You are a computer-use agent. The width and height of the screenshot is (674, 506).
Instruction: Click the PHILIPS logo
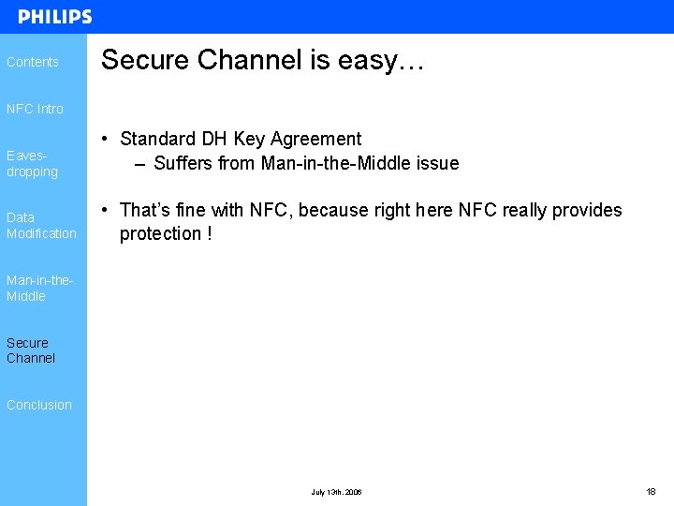click(55, 17)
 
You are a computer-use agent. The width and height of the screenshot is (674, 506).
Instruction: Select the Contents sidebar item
click(33, 62)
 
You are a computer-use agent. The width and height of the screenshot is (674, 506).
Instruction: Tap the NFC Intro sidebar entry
click(35, 109)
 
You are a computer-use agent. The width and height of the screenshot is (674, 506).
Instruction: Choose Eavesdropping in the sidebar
click(32, 164)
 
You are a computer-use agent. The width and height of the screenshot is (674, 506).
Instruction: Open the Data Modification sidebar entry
click(41, 225)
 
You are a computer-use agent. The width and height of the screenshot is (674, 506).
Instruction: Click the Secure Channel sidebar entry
click(31, 350)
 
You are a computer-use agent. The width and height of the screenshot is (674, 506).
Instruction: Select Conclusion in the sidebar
click(39, 405)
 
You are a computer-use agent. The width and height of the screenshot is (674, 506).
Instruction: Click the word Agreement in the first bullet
click(317, 140)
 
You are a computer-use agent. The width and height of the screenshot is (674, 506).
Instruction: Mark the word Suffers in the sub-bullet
click(183, 163)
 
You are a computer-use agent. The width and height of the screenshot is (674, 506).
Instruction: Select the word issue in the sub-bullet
click(436, 163)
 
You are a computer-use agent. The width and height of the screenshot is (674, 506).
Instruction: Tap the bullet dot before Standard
click(110, 140)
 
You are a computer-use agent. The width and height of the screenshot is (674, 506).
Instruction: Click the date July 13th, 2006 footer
click(337, 492)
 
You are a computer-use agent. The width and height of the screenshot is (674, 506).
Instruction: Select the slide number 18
click(651, 491)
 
